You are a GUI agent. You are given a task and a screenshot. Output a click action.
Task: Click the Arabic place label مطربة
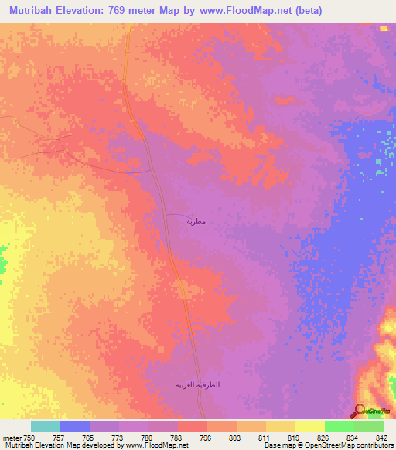tap(196, 222)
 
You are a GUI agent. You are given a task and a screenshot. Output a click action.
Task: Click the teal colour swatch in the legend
tap(45, 426)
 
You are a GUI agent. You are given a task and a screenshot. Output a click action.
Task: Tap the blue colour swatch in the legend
tap(74, 426)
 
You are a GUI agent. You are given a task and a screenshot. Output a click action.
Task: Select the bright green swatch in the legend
tap(339, 426)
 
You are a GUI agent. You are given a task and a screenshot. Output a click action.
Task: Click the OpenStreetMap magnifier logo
tap(360, 411)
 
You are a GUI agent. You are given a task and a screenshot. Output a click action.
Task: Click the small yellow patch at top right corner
tap(384, 29)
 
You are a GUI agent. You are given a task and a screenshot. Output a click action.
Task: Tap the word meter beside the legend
tap(12, 438)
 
